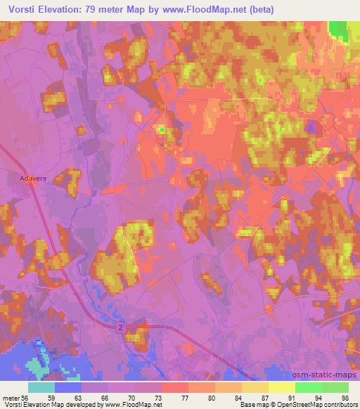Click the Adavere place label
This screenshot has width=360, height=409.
(x=32, y=179)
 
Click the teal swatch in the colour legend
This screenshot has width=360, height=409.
(x=41, y=387)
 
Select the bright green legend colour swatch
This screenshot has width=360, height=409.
(x=309, y=387)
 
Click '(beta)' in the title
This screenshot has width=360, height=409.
(x=261, y=10)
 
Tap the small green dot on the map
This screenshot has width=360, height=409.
(x=162, y=129)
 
